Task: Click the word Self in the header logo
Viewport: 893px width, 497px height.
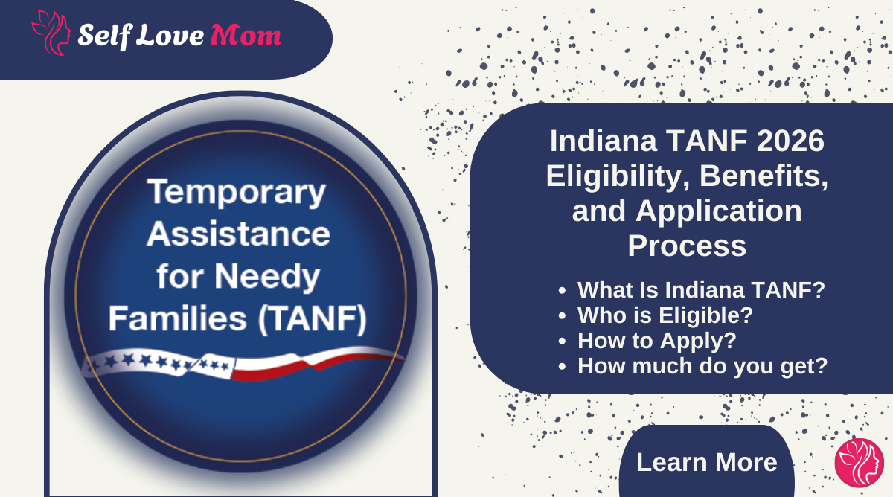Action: tap(104, 34)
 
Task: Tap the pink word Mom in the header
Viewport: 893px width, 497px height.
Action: tap(246, 34)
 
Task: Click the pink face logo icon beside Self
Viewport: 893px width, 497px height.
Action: tap(51, 33)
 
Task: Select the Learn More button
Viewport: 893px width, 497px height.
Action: tap(706, 462)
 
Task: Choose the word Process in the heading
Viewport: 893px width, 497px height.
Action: tap(686, 246)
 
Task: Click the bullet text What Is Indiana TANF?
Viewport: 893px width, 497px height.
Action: tap(701, 289)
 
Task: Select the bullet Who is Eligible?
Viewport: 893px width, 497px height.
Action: tap(665, 315)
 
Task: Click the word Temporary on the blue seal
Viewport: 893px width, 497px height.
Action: tap(237, 192)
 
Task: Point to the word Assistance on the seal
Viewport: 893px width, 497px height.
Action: tap(238, 234)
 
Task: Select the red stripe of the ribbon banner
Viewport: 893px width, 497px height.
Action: tap(313, 365)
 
